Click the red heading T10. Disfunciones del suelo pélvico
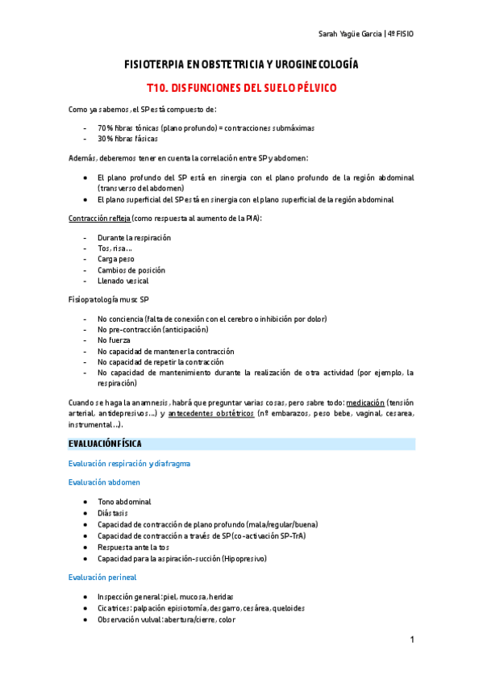(x=241, y=86)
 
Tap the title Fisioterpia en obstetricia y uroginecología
(x=241, y=64)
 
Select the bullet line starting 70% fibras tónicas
(x=206, y=127)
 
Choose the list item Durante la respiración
(x=134, y=238)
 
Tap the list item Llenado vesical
(x=123, y=282)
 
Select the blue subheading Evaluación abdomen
(x=104, y=482)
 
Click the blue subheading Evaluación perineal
(x=102, y=577)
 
